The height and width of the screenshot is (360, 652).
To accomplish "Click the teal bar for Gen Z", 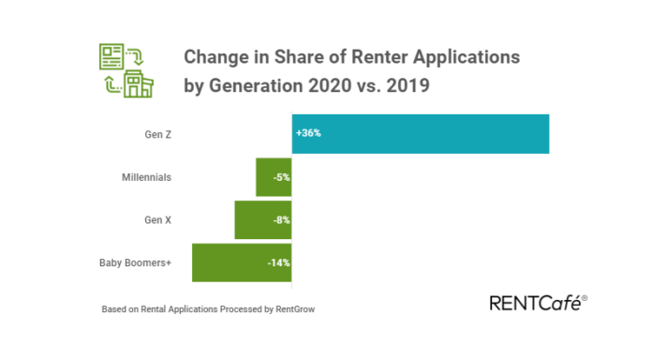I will (x=421, y=133).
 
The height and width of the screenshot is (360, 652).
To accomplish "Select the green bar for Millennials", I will (x=274, y=176).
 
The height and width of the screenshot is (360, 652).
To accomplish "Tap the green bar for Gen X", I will (x=263, y=219).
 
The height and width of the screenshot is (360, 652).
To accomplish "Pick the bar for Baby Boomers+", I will (x=242, y=262).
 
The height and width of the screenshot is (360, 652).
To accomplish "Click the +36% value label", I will (x=308, y=134).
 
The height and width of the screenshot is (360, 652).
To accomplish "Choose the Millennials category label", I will (x=146, y=176).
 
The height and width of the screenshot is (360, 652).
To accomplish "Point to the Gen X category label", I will (x=156, y=219).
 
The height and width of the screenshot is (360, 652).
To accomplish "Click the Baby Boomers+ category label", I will (x=136, y=262).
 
